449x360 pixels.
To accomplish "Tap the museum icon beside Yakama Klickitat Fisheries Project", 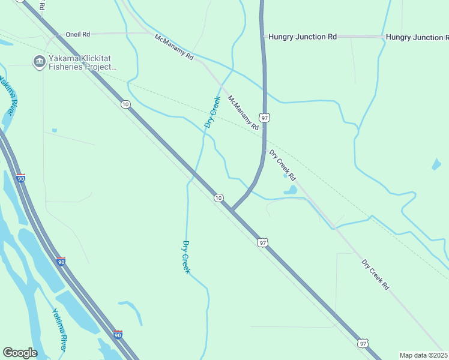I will coord(39,61).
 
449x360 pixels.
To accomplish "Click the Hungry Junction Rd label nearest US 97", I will coord(303,37).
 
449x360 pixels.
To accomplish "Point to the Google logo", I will coord(20,353).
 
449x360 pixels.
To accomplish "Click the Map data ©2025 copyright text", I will coord(424,355).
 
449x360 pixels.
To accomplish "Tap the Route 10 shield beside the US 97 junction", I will coord(218,198).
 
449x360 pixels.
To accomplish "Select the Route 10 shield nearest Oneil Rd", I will coord(125,104).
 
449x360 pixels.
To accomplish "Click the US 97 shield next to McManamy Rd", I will coord(265,118).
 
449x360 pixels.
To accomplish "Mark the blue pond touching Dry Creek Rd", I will coord(291,190).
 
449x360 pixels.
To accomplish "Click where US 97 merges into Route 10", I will coord(232,209).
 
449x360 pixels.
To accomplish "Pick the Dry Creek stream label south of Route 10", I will coord(186,257).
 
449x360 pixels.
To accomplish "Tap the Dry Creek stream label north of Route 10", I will coord(212,112).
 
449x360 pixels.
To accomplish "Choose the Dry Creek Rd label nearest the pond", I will coord(282,166).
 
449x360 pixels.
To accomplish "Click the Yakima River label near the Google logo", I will coord(59,329).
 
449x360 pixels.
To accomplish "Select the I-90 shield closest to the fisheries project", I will coord(21,179).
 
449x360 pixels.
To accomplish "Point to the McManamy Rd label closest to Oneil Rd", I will coord(174,47).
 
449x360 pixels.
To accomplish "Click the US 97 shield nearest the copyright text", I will coord(362,343).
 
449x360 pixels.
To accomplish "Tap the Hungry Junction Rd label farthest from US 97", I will coord(417,37).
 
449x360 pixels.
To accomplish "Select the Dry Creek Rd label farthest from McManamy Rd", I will coord(375,275).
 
